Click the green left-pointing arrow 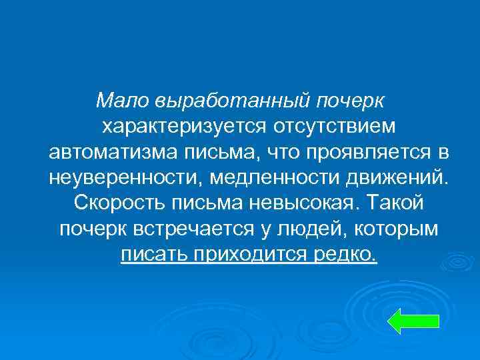(413, 321)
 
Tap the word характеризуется (175, 127)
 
